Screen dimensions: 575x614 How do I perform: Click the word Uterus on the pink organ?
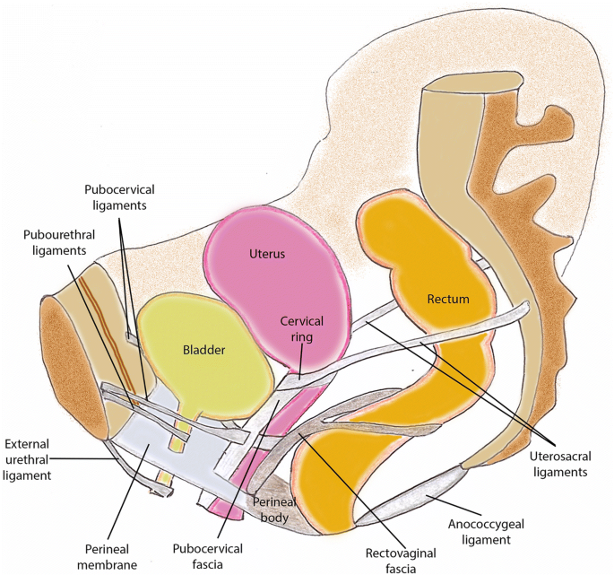pos(266,254)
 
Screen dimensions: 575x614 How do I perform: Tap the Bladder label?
pos(203,350)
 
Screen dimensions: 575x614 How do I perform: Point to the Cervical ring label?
pos(301,329)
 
